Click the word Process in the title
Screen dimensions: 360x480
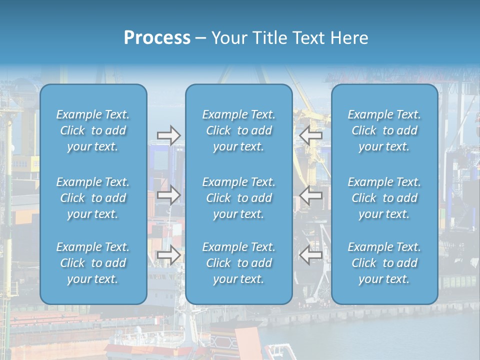(157, 38)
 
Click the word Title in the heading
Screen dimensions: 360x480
(267, 38)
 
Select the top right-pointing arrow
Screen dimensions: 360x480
(168, 135)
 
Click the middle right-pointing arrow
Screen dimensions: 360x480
(168, 195)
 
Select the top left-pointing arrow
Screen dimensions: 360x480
(311, 135)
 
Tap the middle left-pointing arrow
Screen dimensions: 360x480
(311, 195)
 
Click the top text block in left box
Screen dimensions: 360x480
(93, 130)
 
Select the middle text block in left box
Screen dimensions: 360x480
(93, 198)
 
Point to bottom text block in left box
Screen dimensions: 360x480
(93, 263)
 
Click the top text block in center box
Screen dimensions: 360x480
(239, 130)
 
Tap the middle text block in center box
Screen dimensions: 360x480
(239, 198)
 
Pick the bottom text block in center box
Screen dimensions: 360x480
(239, 263)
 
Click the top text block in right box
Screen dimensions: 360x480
(384, 130)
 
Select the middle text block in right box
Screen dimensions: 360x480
(384, 198)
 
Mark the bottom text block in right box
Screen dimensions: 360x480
(384, 263)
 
